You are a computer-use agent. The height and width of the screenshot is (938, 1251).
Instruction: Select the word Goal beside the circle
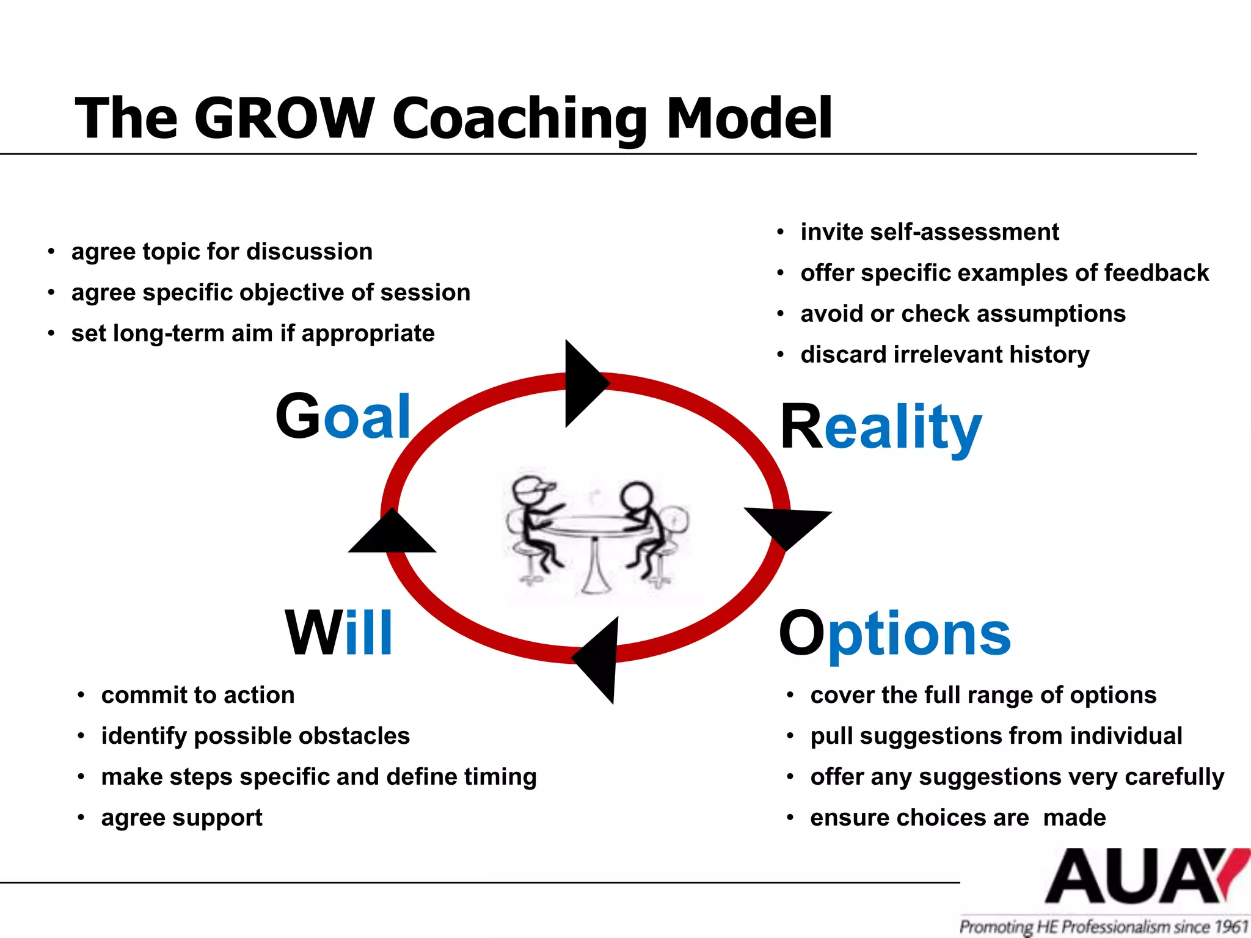point(343,416)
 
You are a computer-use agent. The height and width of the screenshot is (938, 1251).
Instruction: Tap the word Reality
point(881,427)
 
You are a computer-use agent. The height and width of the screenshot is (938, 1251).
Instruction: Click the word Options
point(894,634)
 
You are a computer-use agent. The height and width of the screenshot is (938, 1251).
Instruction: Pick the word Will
point(338,634)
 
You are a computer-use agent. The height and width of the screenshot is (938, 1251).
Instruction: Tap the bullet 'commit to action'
point(198,695)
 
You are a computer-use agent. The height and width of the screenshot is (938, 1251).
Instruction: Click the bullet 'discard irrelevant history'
point(944,355)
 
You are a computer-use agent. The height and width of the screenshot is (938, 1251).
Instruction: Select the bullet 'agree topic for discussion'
point(222,252)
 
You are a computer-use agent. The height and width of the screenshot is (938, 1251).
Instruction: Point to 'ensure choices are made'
point(957,818)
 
